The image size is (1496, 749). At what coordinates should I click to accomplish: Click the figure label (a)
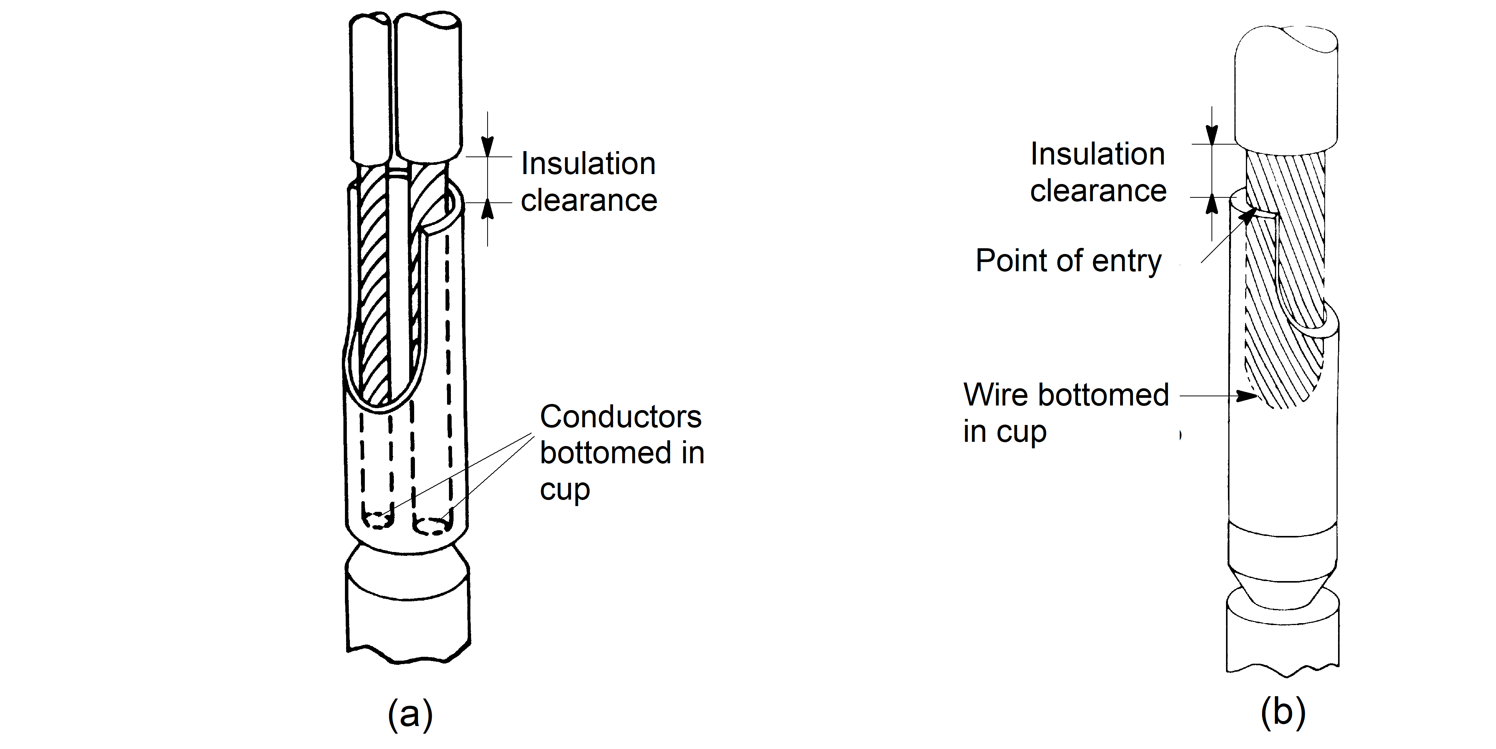click(410, 713)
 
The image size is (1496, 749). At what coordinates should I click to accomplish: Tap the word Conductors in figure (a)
click(620, 417)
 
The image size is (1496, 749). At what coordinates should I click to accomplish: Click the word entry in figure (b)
click(1127, 262)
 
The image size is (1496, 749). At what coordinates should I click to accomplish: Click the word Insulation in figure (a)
click(588, 163)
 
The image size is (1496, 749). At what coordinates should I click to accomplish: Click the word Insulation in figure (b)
click(1098, 154)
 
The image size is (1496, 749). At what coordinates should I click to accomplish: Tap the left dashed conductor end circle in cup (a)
click(377, 520)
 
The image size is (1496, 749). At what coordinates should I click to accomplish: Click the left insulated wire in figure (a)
click(371, 87)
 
